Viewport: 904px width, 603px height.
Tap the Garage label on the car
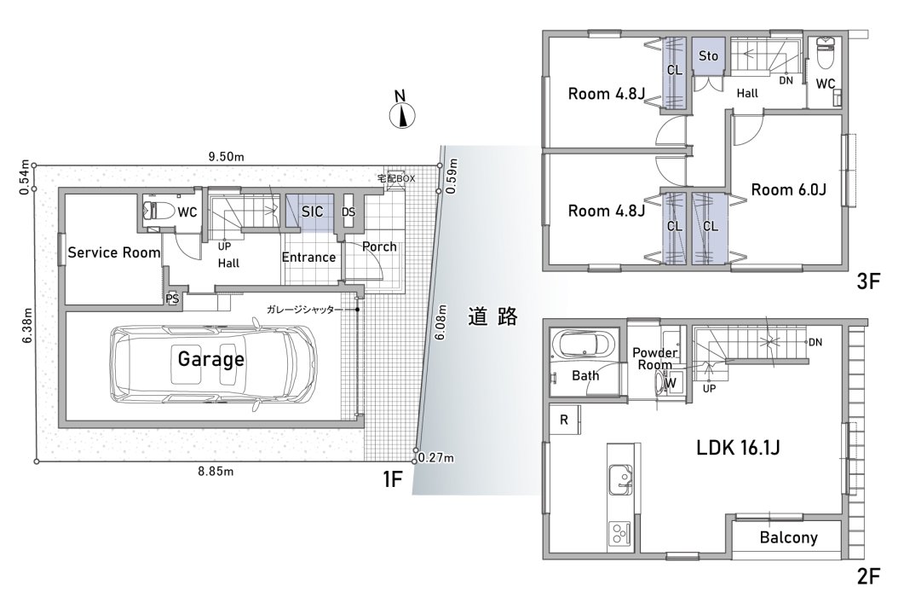tap(210, 359)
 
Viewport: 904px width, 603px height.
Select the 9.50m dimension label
tap(226, 156)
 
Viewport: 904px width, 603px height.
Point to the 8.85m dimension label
tap(216, 472)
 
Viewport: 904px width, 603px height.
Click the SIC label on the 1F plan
tap(312, 212)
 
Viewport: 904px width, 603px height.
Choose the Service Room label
tap(113, 252)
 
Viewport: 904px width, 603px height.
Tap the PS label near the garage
tap(172, 299)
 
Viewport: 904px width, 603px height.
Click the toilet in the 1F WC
tap(158, 212)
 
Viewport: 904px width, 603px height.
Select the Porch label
tap(379, 246)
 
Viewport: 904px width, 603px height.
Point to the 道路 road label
tap(492, 316)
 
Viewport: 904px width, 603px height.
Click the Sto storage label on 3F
tap(708, 56)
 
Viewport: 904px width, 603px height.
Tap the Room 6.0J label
tap(789, 189)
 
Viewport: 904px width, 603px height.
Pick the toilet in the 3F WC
tap(826, 53)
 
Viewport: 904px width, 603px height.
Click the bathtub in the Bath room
tap(584, 345)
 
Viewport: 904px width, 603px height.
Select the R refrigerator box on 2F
tap(564, 420)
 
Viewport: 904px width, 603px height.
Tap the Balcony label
tap(789, 537)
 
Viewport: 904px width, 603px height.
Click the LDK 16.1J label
tap(738, 447)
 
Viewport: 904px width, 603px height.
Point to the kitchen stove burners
tap(619, 533)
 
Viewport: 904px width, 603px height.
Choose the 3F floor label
tap(868, 281)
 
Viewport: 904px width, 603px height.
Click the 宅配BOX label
tap(396, 178)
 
